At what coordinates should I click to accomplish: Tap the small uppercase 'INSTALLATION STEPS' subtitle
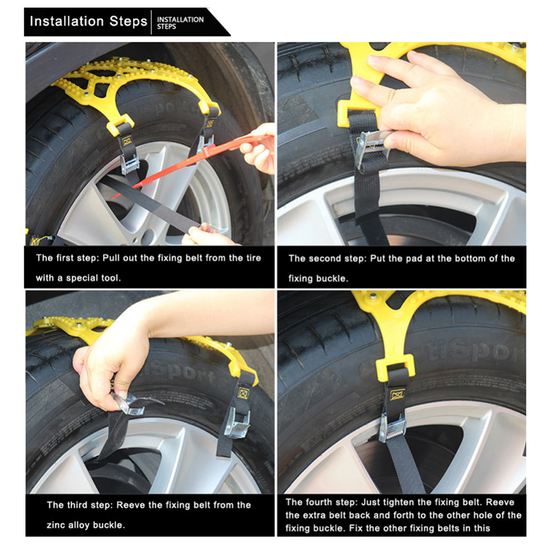click(180, 23)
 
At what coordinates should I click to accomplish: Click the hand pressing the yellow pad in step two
click(437, 109)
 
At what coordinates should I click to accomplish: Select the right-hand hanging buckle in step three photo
click(237, 422)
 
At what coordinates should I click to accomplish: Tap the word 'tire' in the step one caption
click(253, 258)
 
